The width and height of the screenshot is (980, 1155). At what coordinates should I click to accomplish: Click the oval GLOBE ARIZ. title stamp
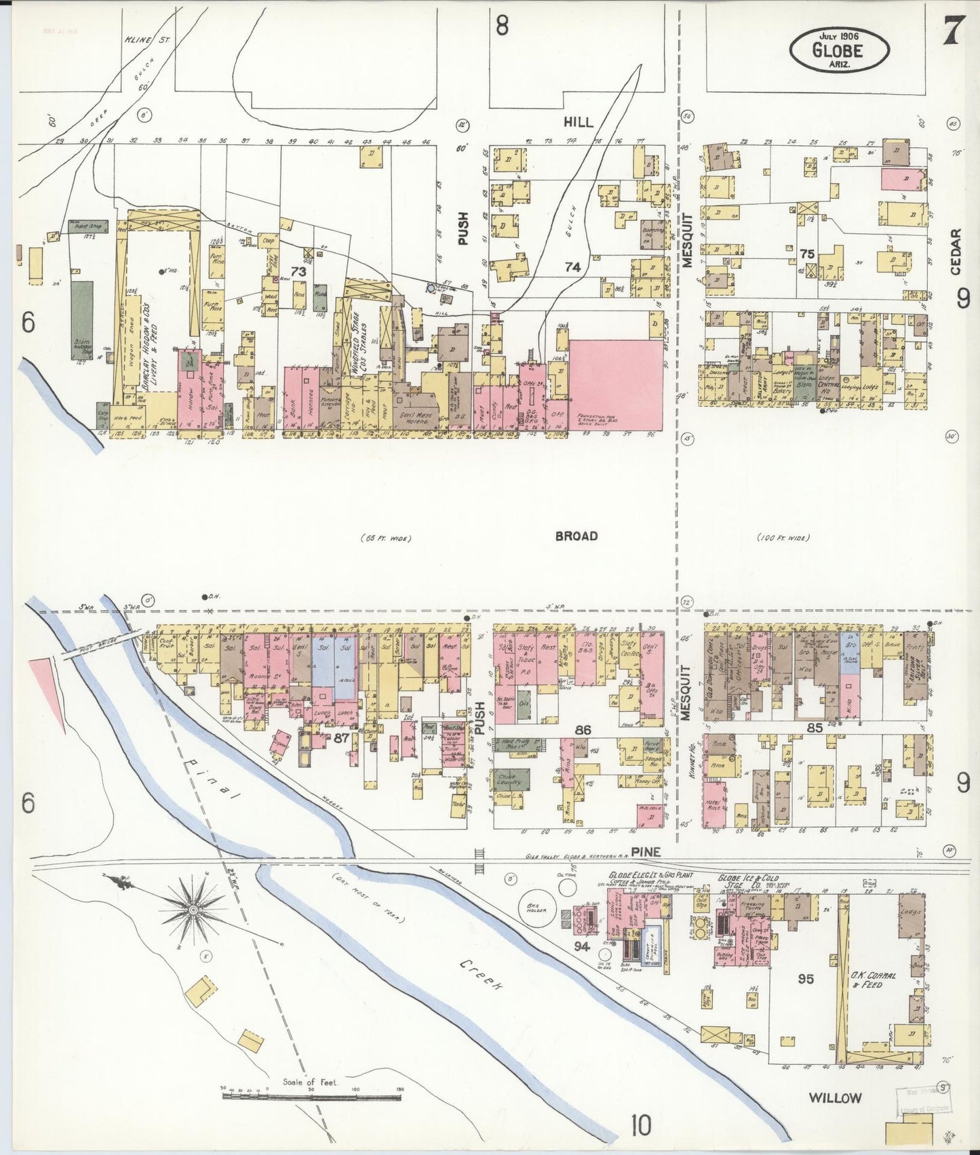point(839,49)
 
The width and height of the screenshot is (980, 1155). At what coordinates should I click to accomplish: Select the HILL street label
point(578,122)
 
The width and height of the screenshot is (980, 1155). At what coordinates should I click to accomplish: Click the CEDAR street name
point(956,252)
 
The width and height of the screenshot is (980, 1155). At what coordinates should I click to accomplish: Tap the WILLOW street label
point(835,1098)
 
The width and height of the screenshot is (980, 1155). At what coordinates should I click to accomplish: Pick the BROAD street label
point(576,536)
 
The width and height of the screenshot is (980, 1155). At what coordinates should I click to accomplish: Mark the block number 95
point(806,979)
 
